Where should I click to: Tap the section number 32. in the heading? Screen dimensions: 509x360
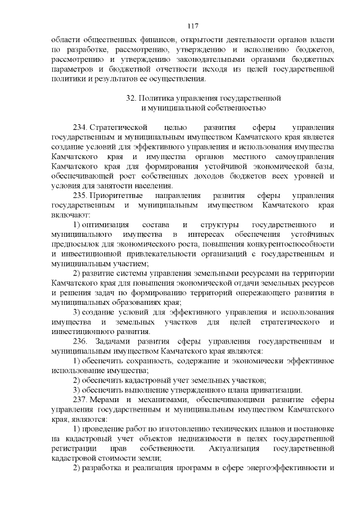(x=133, y=98)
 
